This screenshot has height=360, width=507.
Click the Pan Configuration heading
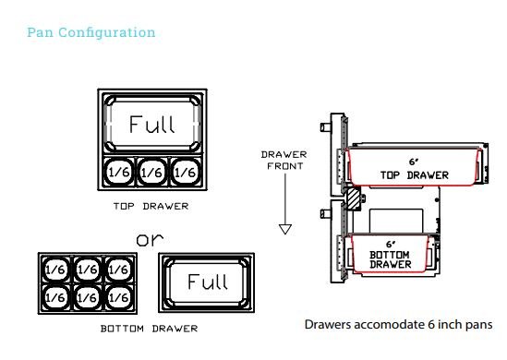tap(91, 32)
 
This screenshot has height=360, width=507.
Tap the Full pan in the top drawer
tap(152, 123)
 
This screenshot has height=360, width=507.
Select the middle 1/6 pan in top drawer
tap(152, 173)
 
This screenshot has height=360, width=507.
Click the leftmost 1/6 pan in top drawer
tap(119, 173)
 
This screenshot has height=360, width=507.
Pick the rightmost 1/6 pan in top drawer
tap(186, 173)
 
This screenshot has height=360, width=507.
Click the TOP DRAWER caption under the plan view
tap(151, 206)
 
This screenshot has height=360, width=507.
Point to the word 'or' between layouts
tap(150, 239)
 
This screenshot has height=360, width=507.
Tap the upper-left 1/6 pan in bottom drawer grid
tap(55, 270)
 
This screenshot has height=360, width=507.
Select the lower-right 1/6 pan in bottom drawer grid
tap(119, 297)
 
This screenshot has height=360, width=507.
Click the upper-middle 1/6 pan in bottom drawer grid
tap(88, 270)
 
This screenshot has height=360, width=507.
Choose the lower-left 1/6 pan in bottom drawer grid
tap(55, 297)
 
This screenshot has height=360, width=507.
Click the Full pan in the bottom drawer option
tap(207, 282)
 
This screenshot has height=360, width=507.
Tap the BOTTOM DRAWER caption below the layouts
tap(149, 329)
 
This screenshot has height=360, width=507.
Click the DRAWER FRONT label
tap(284, 161)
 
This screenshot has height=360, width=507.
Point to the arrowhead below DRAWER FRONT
tap(285, 229)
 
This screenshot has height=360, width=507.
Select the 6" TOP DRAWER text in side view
tap(415, 169)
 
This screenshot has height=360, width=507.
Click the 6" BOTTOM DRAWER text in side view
tap(391, 255)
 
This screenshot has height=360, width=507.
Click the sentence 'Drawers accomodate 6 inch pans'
tap(399, 324)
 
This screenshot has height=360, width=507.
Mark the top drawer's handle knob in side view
tap(326, 127)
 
